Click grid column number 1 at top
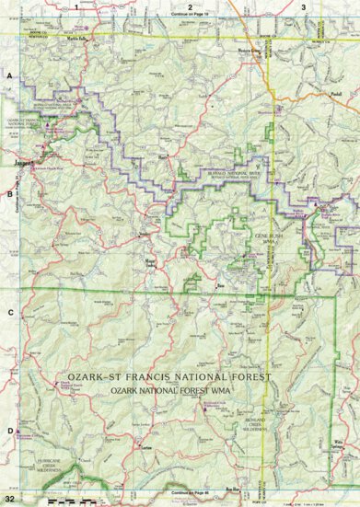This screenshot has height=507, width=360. coord(76,6)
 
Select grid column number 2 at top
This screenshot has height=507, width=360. coord(190,6)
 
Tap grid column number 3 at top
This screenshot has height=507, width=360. coord(303,6)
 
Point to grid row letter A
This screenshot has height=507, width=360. coord(10,76)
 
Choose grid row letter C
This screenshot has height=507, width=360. coord(10,313)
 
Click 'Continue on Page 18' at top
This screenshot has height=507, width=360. coord(191,16)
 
